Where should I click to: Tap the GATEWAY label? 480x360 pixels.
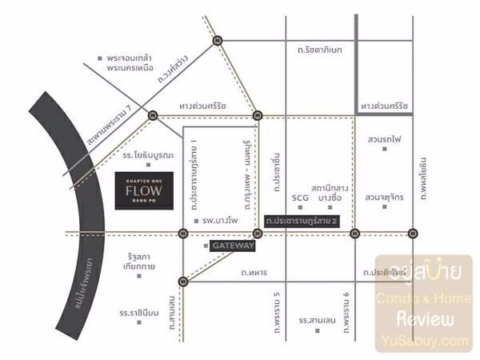(233, 246)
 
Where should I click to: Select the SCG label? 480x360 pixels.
(300, 196)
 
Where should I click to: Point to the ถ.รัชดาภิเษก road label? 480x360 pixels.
(319, 50)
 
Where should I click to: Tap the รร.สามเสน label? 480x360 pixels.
(316, 320)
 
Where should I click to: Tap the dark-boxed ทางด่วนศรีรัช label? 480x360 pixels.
(384, 106)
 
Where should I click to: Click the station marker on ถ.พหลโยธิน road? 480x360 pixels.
(413, 234)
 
